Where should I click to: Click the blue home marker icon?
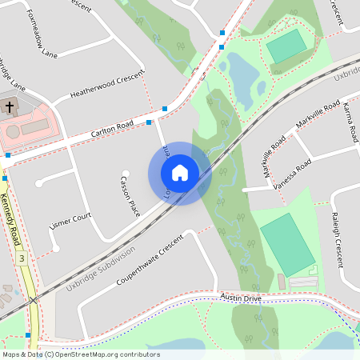coord(179,173)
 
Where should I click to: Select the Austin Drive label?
coord(241,298)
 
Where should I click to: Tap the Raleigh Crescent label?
coord(339,239)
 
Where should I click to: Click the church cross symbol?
coord(10,106)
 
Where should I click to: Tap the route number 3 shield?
coord(22,258)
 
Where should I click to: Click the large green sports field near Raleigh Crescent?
coord(286,244)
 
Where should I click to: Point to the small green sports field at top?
coord(286,46)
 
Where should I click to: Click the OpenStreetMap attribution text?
coord(80,354)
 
